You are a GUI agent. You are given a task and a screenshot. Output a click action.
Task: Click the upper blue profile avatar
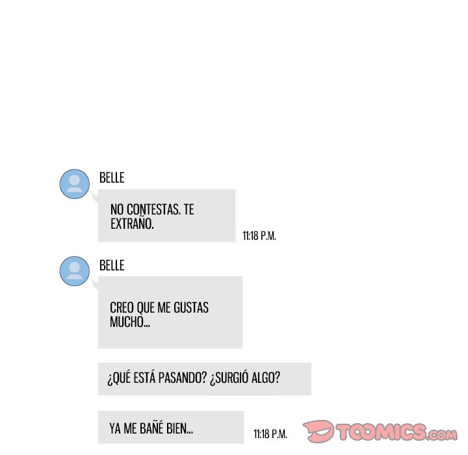pos(75,183)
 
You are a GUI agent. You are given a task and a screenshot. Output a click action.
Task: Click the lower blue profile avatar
pos(75,270)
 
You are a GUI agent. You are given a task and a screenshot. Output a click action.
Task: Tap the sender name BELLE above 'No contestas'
pos(111,177)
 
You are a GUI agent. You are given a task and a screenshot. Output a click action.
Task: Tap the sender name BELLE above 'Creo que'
pos(111,265)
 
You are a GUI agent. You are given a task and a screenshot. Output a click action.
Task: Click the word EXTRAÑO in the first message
pos(132,224)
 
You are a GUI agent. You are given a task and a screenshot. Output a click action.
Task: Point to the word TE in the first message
pos(188,210)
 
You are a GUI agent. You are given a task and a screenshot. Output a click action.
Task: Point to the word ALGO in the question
pos(270,378)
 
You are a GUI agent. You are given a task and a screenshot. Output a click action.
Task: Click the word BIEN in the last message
pos(179,429)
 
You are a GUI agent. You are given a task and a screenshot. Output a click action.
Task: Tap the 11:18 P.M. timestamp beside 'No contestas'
pos(259,236)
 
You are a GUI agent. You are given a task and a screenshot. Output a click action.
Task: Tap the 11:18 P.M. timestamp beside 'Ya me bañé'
pos(270,434)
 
